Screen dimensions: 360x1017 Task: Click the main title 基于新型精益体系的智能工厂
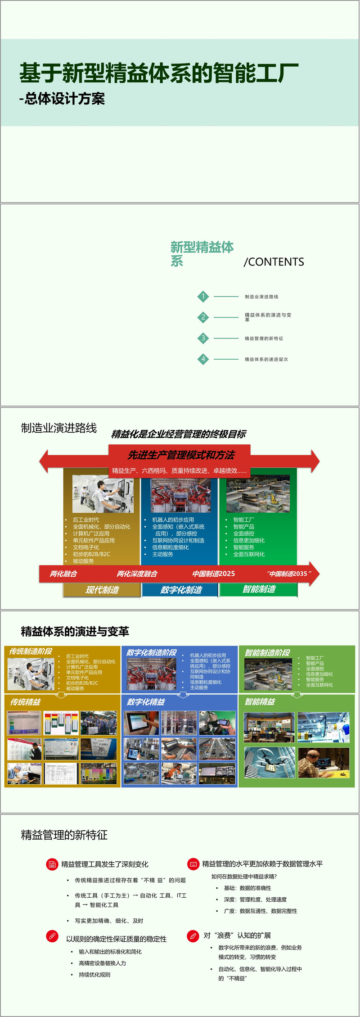point(159,73)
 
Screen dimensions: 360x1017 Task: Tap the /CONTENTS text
point(274,262)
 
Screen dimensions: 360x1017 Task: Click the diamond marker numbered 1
point(203,297)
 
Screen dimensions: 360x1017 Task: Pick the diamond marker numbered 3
point(203,338)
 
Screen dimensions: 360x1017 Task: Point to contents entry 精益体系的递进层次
point(266,359)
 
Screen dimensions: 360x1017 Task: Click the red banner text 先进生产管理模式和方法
point(181,455)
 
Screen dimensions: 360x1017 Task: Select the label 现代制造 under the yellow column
point(102,590)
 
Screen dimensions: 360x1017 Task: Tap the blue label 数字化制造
point(181,590)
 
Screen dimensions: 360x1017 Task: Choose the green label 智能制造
point(259,589)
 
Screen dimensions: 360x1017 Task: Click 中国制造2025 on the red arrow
point(213,574)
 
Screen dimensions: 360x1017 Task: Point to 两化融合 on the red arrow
point(63,574)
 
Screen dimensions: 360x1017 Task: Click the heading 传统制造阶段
point(31,651)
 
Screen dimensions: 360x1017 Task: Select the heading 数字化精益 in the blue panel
point(146,702)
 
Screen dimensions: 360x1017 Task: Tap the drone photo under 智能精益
point(269,762)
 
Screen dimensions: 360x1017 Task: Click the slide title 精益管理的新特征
point(64,835)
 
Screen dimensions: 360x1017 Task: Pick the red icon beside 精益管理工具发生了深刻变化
point(52,864)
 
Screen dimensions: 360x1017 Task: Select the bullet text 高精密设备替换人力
point(102,963)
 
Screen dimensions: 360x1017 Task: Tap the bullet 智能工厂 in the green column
point(243,520)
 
